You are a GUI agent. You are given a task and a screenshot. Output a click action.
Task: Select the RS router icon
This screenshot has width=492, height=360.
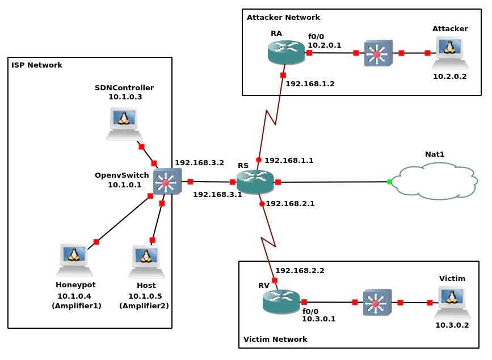(x=255, y=182)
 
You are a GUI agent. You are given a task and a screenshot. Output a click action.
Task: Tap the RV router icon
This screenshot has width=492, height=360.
(x=281, y=302)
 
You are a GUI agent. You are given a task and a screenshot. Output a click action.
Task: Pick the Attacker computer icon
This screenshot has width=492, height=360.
(x=450, y=53)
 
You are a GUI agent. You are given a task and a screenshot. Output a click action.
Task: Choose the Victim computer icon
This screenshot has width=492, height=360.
(x=452, y=302)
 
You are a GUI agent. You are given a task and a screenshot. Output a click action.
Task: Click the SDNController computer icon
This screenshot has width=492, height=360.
(x=124, y=124)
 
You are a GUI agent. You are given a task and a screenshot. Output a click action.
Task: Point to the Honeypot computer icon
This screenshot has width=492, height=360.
(x=74, y=260)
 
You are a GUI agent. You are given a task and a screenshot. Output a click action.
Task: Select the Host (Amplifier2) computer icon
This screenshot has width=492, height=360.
(x=146, y=262)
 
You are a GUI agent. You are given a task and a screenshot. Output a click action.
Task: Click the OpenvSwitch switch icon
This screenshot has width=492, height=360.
(x=167, y=182)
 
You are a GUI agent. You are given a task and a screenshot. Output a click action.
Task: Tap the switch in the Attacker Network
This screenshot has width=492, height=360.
(x=378, y=53)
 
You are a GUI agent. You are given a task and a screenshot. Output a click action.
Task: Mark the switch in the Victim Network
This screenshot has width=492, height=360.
(x=377, y=303)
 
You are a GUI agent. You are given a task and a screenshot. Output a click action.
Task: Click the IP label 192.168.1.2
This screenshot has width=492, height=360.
(x=310, y=84)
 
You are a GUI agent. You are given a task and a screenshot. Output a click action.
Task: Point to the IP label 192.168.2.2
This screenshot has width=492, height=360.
(x=300, y=271)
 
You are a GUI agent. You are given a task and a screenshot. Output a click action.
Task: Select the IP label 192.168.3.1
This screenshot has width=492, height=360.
(x=217, y=195)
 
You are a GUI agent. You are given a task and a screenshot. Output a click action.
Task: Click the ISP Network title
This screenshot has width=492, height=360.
(x=37, y=65)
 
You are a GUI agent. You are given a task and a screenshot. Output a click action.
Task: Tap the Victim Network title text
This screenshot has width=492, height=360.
(x=275, y=340)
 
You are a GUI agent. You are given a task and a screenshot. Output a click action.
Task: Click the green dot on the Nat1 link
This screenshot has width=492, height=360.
(x=389, y=182)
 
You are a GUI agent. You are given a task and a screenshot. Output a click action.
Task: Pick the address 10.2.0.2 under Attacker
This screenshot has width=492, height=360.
(x=449, y=76)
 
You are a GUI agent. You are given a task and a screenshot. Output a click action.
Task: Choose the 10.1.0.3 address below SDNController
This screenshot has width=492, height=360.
(x=125, y=97)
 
